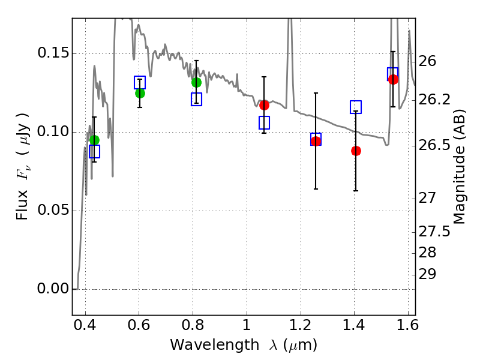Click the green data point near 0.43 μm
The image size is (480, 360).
[x=94, y=140]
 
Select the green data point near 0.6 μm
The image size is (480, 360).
[x=140, y=93]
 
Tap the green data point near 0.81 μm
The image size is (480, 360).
[x=196, y=82]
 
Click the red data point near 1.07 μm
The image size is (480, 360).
[x=264, y=105]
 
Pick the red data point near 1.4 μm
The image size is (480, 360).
[x=356, y=151]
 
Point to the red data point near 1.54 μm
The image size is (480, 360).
[x=394, y=79]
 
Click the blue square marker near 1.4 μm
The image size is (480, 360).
[x=356, y=107]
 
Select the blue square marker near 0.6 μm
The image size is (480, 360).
[x=140, y=83]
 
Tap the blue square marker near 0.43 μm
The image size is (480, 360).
[x=94, y=151]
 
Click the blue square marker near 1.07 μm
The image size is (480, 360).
[x=264, y=122]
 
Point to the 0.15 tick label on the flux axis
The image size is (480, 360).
[x=52, y=53]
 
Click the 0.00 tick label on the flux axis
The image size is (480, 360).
[x=52, y=289]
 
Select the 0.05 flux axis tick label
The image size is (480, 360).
[x=52, y=211]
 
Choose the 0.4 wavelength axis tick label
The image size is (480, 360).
[x=85, y=328]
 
